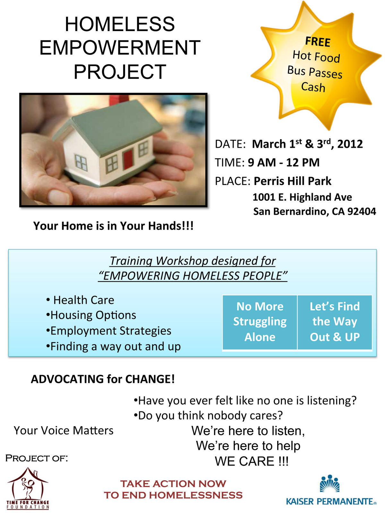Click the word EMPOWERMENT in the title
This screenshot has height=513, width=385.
point(120,48)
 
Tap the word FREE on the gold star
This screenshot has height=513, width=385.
point(318,42)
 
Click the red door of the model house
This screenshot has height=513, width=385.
point(128,159)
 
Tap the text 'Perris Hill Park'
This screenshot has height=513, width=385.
point(292,181)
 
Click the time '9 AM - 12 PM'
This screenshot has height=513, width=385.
point(284,163)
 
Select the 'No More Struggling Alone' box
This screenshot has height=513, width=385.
point(260,322)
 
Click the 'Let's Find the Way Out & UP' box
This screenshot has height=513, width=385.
point(335,322)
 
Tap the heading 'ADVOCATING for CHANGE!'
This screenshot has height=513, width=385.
point(103,379)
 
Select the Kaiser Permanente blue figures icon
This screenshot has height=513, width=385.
point(330,484)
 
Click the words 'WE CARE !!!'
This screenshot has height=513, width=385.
point(252,461)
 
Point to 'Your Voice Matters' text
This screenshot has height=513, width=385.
point(64,430)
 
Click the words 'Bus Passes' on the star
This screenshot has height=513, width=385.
point(315,72)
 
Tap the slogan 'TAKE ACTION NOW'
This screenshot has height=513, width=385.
point(173,484)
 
